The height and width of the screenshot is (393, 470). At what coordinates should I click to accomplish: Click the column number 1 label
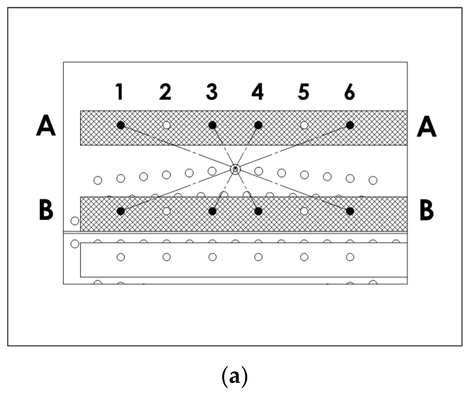tap(120, 92)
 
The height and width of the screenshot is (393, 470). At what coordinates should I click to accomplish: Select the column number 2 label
tap(165, 92)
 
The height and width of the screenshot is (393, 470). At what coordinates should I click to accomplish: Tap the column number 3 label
tap(212, 92)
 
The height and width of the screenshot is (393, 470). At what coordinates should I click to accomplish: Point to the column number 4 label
tap(257, 92)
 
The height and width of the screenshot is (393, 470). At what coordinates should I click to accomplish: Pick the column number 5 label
tap(304, 92)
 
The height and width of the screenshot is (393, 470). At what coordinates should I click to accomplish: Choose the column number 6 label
tap(350, 92)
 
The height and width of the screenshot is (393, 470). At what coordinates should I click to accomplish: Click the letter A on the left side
tap(46, 127)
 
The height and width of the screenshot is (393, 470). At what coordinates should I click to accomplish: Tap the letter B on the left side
tap(46, 211)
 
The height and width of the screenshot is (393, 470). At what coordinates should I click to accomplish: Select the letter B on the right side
tap(427, 211)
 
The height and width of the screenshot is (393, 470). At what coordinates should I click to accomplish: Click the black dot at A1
tap(121, 125)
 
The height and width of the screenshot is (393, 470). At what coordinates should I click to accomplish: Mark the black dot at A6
tap(350, 125)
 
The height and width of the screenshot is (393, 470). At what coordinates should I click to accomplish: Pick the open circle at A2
tap(167, 125)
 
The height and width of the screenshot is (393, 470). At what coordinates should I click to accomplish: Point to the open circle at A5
tap(304, 125)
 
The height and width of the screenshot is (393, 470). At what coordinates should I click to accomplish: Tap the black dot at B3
tap(212, 211)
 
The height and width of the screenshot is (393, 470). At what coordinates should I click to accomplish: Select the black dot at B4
tap(258, 211)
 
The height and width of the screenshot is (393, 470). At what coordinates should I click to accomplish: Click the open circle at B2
tap(167, 211)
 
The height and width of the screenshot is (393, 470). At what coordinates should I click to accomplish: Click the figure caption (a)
tap(234, 377)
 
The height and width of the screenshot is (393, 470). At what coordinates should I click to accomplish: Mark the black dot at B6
tap(350, 211)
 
